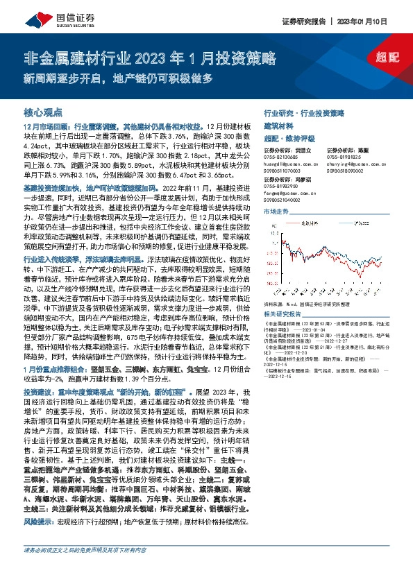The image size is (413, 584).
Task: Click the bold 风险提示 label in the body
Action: point(39,539)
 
